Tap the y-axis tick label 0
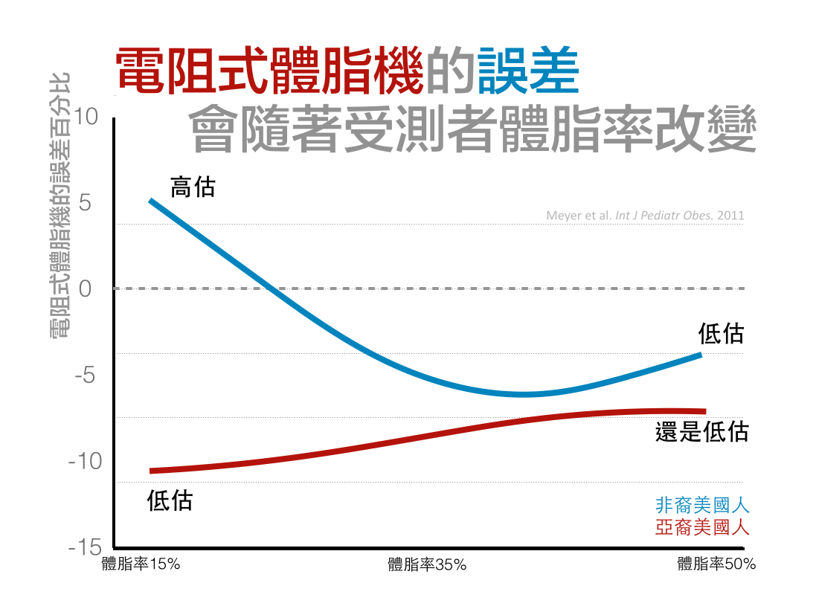[x=85, y=289]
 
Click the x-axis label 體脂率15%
[x=141, y=564]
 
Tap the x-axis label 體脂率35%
[x=427, y=564]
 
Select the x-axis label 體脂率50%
[x=716, y=564]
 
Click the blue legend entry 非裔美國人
[x=702, y=506]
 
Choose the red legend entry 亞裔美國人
[x=702, y=527]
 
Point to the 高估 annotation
[x=193, y=187]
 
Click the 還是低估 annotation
[x=701, y=432]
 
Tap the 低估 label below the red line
[x=170, y=500]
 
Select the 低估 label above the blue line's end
[x=721, y=333]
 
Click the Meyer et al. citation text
[x=645, y=216]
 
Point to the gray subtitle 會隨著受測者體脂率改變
[x=473, y=131]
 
